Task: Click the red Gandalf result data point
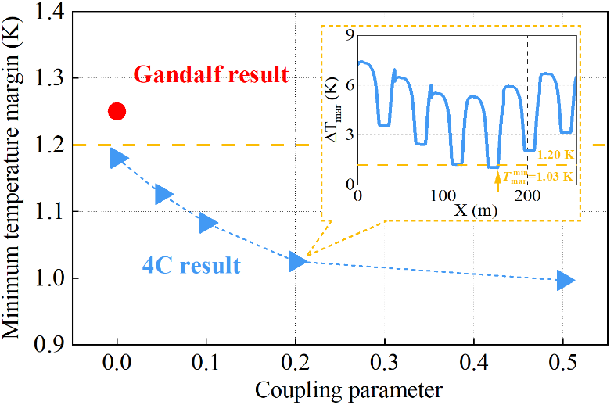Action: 117,111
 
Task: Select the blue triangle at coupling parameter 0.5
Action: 566,280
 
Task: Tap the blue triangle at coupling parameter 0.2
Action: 297,261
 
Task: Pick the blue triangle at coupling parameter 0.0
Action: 118,158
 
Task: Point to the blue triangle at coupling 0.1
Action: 207,223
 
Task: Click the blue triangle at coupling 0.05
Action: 163,195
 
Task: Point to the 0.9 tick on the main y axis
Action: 48,345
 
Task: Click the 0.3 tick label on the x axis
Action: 385,364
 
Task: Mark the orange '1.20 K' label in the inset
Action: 555,156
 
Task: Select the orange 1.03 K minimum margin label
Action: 539,176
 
